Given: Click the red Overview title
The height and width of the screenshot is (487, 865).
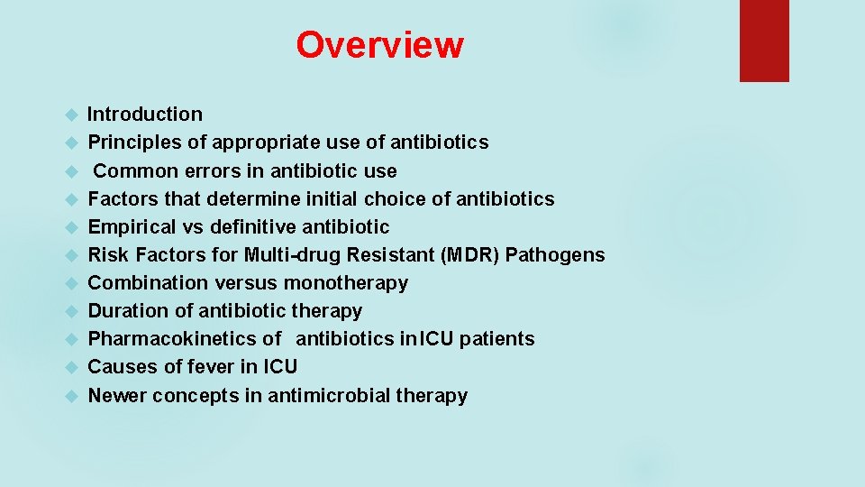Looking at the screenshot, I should click(x=379, y=45).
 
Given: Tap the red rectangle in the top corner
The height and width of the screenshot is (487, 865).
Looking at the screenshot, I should click(x=764, y=41).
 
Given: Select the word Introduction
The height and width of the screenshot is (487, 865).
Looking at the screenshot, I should click(x=145, y=115).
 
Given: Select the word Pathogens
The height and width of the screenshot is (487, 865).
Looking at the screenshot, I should click(x=555, y=255).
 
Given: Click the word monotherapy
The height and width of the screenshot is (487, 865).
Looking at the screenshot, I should click(x=346, y=283).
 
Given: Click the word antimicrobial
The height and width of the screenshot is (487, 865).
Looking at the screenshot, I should click(x=322, y=395).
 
